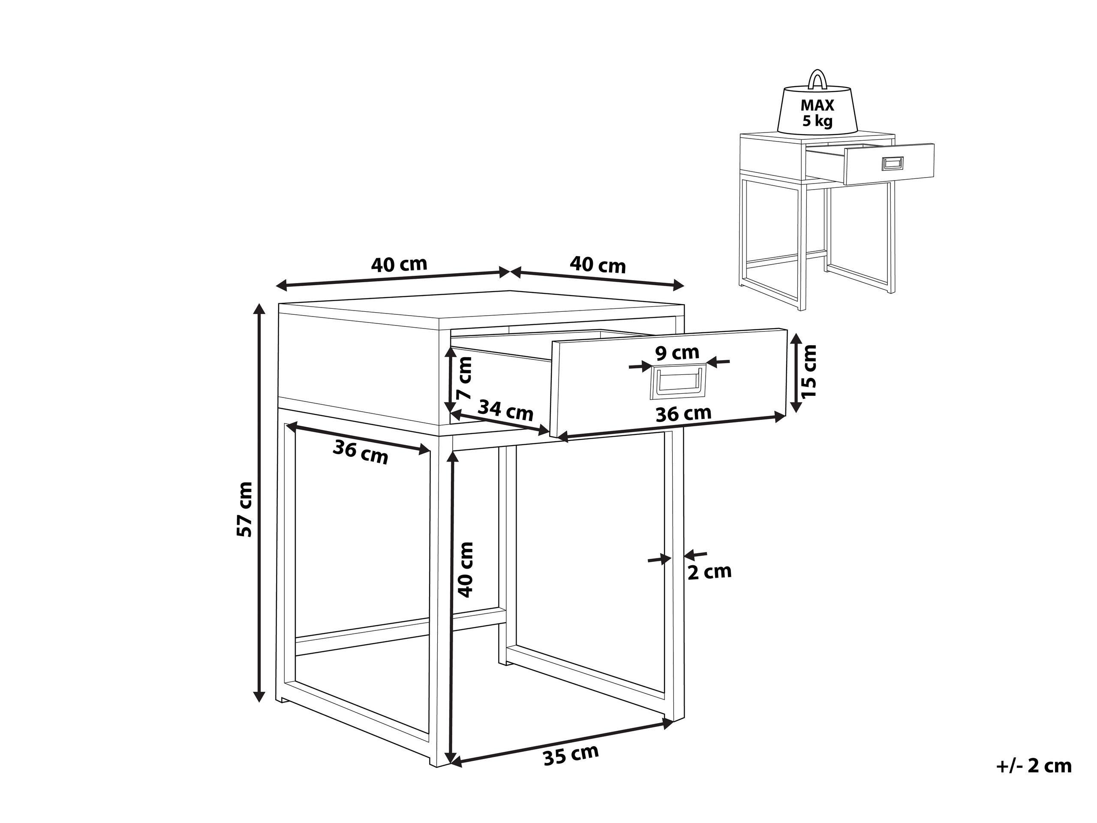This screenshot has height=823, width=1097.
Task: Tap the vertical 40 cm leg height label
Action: pyautogui.click(x=466, y=570)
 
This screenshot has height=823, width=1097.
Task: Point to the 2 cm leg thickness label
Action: pyautogui.click(x=709, y=572)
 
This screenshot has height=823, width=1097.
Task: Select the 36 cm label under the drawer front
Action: pyautogui.click(x=683, y=414)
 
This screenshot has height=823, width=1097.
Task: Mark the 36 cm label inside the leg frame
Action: pyautogui.click(x=360, y=452)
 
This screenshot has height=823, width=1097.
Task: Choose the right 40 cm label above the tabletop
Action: pyautogui.click(x=598, y=265)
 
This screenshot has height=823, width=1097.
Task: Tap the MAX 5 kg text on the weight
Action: pyautogui.click(x=817, y=113)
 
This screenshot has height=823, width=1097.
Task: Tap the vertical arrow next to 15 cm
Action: pyautogui.click(x=796, y=372)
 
